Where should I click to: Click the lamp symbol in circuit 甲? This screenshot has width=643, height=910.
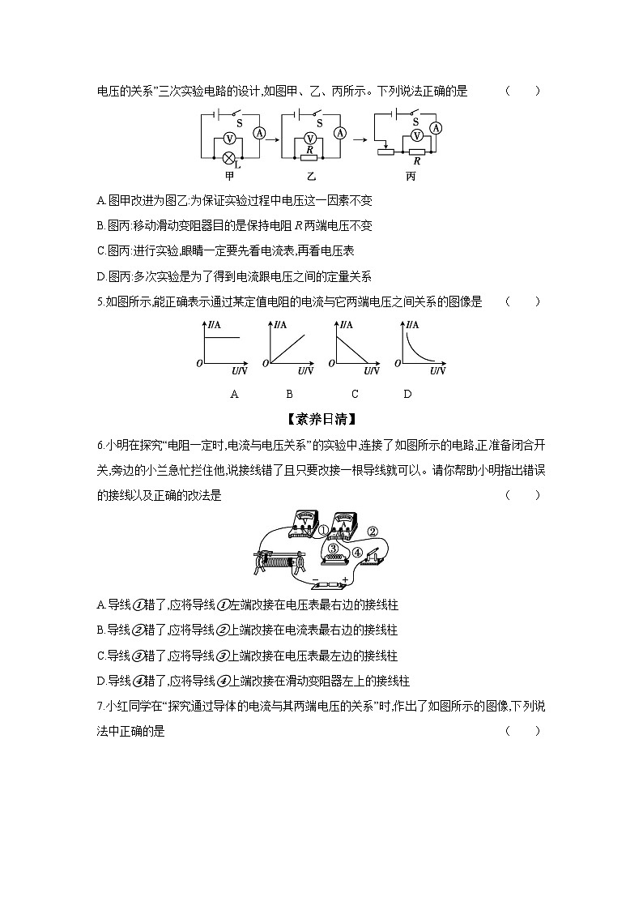pyautogui.click(x=229, y=157)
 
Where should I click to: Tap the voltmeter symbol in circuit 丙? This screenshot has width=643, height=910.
pyautogui.click(x=416, y=135)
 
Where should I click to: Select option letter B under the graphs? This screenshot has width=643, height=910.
pyautogui.click(x=289, y=394)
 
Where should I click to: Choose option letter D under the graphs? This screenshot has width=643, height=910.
pyautogui.click(x=407, y=394)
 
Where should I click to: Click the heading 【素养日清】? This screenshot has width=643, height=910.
pyautogui.click(x=321, y=419)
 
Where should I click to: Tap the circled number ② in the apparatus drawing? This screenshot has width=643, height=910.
pyautogui.click(x=373, y=532)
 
